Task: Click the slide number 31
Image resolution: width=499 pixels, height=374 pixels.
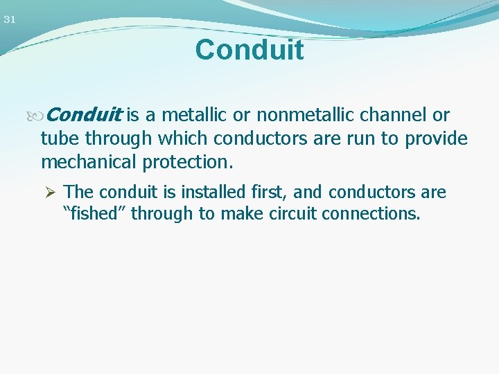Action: pyautogui.click(x=9, y=19)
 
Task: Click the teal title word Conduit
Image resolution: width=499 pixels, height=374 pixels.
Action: pyautogui.click(x=249, y=50)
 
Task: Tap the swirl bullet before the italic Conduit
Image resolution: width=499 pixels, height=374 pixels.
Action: pyautogui.click(x=46, y=115)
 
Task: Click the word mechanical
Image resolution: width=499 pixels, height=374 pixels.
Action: pyautogui.click(x=89, y=163)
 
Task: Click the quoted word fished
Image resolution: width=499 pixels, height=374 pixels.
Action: pyautogui.click(x=95, y=213)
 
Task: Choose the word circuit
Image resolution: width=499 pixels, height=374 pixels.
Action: pyautogui.click(x=286, y=213)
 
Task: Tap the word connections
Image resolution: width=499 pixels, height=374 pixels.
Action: pyautogui.click(x=370, y=213)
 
